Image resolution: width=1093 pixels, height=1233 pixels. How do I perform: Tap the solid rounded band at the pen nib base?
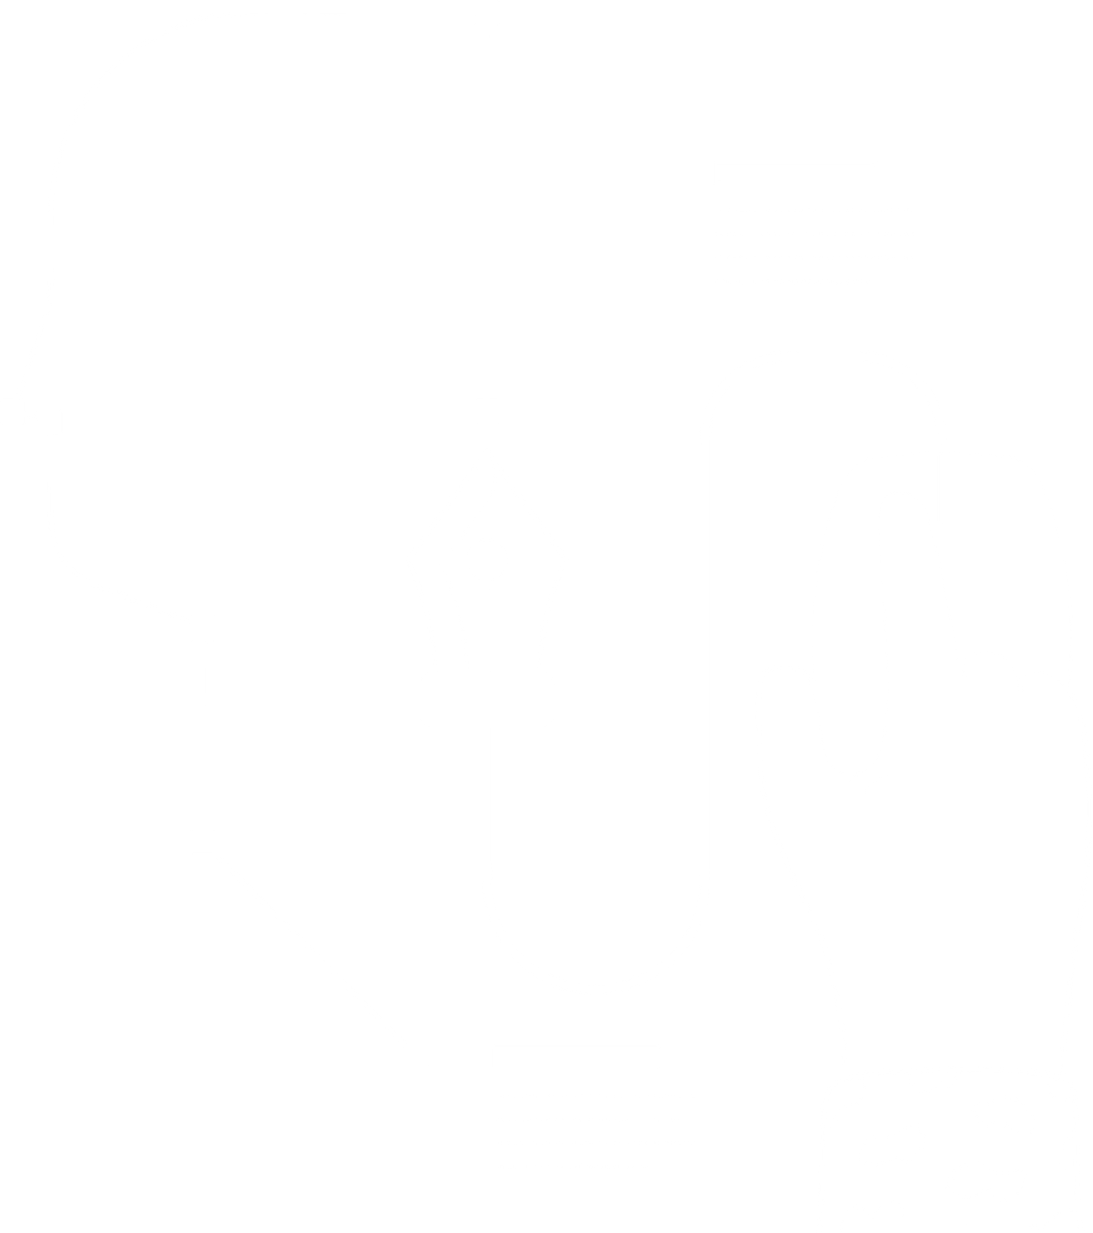pos(486,700)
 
